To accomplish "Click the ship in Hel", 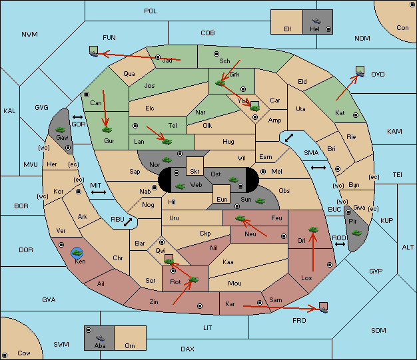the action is pos(316,21).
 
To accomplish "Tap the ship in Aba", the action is pos(100,338).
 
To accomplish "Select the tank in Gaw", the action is pos(61,130).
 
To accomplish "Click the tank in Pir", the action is pos(356,233).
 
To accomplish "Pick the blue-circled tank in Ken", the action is pos(77,253).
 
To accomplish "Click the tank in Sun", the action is pos(260,201).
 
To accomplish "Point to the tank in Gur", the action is pos(107,130).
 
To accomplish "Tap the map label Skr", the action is pos(195,172).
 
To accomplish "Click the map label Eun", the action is pos(222,199).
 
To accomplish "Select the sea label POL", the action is pos(151,11).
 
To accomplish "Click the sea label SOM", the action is pos(378,330).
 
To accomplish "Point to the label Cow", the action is pos(24,353).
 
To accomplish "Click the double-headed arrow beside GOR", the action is pos(77,117).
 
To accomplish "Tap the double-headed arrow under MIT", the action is pos(99,192).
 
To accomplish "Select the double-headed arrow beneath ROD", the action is pos(340,244).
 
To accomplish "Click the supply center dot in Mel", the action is pos(263,172).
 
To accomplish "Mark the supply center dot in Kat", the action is pos(356,115).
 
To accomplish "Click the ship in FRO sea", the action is pos(323,309).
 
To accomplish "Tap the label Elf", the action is pos(288,29).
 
